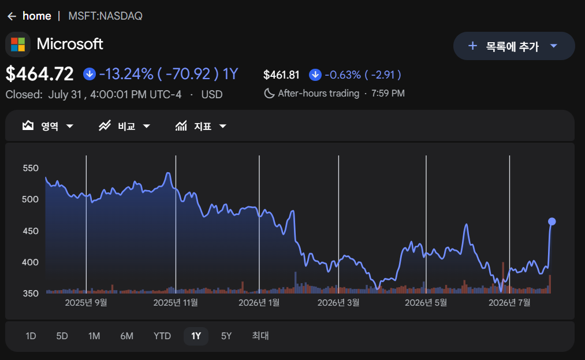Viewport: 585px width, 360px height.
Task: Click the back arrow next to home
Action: (12, 16)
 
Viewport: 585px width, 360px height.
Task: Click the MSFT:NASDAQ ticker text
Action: (105, 16)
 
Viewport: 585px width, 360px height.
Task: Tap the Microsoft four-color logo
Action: (18, 44)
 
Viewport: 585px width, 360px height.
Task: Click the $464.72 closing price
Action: (39, 73)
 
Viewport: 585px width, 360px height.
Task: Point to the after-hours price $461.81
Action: (281, 75)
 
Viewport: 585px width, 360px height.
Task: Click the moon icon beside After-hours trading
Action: (269, 94)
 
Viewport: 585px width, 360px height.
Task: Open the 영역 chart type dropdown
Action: (48, 126)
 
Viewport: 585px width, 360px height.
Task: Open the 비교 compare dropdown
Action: (124, 126)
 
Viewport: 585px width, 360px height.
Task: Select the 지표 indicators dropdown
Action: (201, 126)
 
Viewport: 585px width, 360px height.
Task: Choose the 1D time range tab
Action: (31, 336)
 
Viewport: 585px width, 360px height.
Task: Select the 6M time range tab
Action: (126, 336)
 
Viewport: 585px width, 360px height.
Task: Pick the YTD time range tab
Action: (162, 336)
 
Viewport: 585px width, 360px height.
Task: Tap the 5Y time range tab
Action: (226, 336)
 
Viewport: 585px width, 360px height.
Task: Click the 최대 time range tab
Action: (260, 336)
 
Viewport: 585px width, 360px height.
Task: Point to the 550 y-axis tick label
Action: (31, 168)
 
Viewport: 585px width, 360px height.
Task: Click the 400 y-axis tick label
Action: (31, 262)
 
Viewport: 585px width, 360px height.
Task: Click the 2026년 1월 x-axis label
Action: (259, 302)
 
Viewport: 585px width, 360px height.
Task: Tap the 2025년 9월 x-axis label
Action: (86, 302)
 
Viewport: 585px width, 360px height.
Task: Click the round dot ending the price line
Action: (552, 222)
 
